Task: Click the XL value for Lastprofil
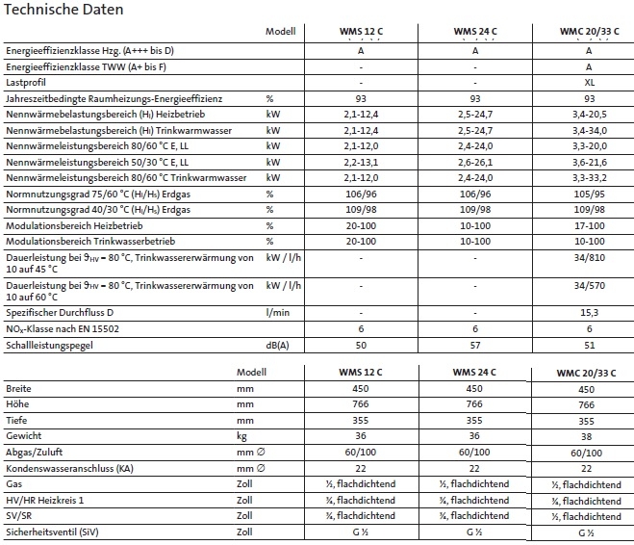(589, 83)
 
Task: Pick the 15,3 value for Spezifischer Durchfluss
(589, 313)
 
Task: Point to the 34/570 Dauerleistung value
(589, 286)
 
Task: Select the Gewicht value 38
(587, 437)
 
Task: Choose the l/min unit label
(278, 313)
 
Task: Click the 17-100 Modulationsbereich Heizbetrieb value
(589, 224)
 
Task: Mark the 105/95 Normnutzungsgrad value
(589, 194)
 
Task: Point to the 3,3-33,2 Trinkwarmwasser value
(589, 178)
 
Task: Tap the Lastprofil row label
(27, 83)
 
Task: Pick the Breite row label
(19, 390)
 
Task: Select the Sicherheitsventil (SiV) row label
(50, 531)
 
